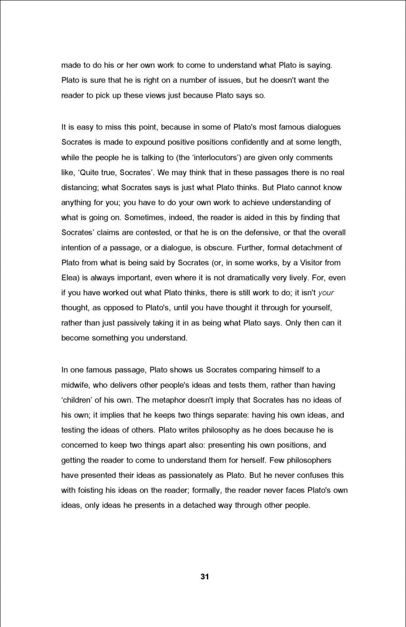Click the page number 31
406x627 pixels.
[x=205, y=576]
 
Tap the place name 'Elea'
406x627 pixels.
[x=70, y=278]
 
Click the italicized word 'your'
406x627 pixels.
[x=326, y=293]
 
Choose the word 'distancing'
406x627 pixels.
[x=79, y=187]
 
